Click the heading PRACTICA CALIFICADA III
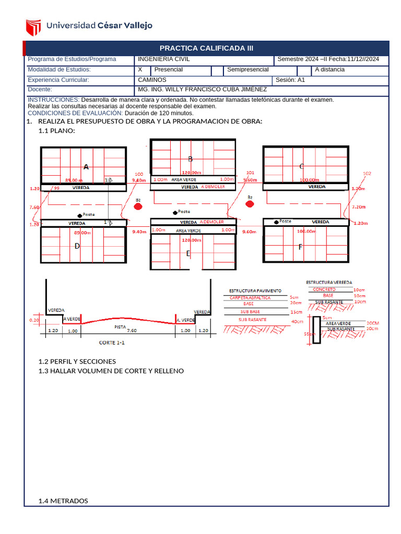pos(206,48)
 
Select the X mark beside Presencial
pos(140,69)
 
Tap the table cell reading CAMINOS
pos(152,80)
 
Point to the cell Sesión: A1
pos(290,80)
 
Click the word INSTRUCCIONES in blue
pos(53,100)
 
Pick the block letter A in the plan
pos(86,167)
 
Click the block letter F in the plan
pos(300,247)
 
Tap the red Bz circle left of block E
pos(138,207)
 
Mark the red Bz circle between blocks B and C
pos(250,204)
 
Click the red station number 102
pos(367,173)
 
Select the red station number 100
pos(139,174)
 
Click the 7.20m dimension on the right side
pos(359,207)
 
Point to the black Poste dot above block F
pos(275,221)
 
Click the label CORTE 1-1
pos(112,343)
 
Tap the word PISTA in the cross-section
pos(120,326)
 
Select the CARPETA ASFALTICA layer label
pos(250,297)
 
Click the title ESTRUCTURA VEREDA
pos(328,282)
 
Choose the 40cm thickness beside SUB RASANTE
pos(297,321)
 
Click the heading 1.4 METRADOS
pos(63,501)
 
